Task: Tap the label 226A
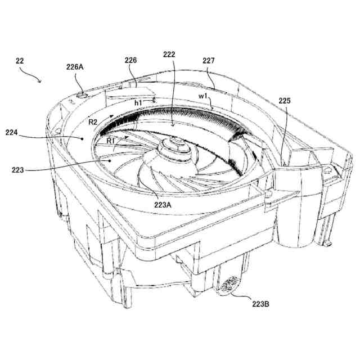coord(75,66)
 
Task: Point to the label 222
coord(169,55)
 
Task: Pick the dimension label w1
coord(204,96)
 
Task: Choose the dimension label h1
coord(138,103)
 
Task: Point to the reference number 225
coord(285,101)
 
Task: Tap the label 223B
coord(260,304)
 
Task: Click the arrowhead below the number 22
coord(40,82)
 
